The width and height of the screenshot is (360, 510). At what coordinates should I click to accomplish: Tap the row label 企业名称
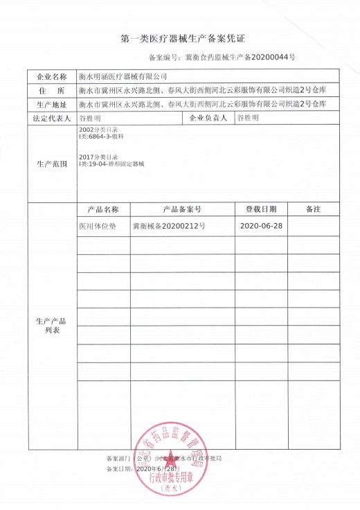51,76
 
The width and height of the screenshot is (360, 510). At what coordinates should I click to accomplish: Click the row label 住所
51,91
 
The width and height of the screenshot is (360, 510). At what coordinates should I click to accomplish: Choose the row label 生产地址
51,105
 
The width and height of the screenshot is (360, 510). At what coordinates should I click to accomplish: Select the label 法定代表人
51,118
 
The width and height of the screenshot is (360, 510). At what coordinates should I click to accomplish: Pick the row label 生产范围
51,164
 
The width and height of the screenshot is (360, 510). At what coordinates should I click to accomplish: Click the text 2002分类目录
94,130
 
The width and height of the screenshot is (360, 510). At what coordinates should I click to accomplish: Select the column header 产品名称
103,209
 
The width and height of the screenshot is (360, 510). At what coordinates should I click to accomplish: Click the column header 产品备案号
181,209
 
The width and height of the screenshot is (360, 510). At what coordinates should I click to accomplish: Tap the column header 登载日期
260,209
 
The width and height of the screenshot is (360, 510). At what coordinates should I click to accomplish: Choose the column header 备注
314,209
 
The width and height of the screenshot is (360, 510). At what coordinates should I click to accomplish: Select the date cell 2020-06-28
260,227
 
